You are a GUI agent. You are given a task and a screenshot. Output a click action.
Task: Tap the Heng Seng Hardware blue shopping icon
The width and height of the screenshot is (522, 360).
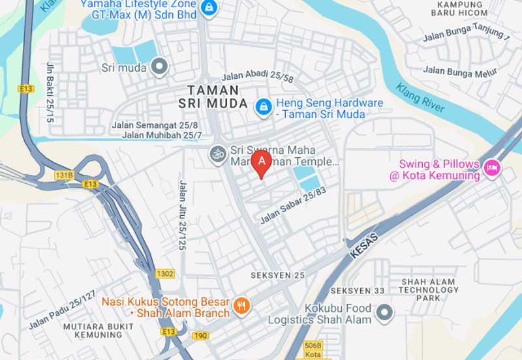[x=264, y=106]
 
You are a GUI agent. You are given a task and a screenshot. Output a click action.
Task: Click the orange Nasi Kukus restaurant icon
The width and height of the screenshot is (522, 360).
[x=241, y=305]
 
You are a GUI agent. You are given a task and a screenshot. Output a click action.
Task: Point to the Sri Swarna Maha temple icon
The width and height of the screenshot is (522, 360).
[x=217, y=155]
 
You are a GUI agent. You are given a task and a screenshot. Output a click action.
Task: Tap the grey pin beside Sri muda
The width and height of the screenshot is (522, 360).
[x=159, y=67]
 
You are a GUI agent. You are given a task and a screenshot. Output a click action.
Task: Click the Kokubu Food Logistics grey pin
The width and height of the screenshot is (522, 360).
[x=385, y=313]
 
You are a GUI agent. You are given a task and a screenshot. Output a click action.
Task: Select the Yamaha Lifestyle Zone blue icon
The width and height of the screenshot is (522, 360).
[x=209, y=8]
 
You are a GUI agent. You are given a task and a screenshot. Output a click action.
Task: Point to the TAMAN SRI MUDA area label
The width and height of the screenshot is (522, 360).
[x=213, y=97]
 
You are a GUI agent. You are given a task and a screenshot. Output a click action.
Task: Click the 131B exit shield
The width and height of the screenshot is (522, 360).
[x=64, y=175]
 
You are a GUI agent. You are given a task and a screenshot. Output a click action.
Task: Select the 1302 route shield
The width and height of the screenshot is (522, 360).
[x=165, y=274]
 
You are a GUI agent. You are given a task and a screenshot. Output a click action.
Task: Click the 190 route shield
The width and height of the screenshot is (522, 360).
[x=200, y=335]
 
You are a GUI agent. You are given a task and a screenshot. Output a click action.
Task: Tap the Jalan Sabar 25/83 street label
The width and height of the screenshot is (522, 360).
[x=292, y=203]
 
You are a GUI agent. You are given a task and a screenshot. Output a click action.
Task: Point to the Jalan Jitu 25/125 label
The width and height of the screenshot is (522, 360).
[x=182, y=216]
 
